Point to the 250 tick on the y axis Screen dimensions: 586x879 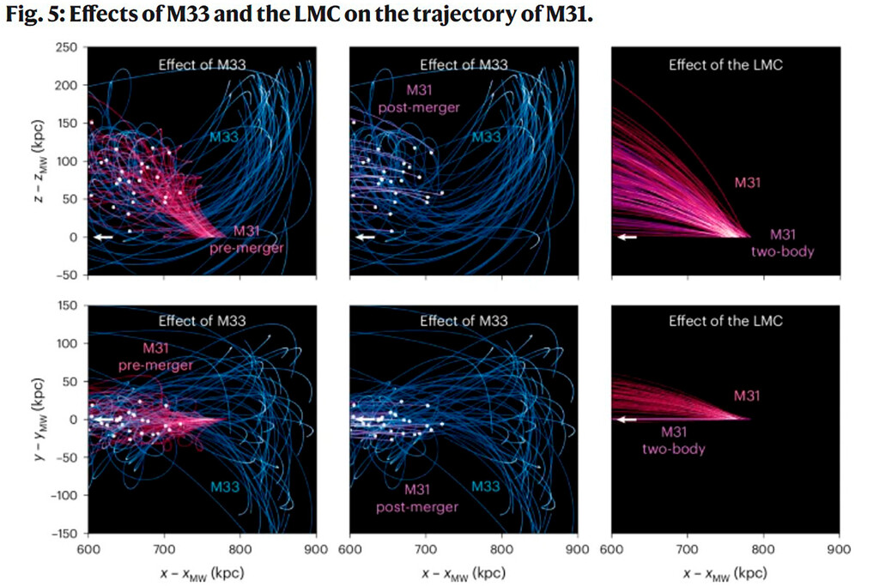[65, 48]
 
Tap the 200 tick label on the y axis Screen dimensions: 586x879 [65, 86]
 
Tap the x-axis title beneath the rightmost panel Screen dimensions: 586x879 [724, 571]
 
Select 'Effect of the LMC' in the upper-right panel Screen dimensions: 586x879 [725, 65]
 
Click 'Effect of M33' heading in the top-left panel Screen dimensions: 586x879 [203, 65]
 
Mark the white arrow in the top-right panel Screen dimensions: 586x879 [627, 237]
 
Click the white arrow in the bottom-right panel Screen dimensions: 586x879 [627, 420]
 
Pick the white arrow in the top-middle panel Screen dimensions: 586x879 [367, 237]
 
